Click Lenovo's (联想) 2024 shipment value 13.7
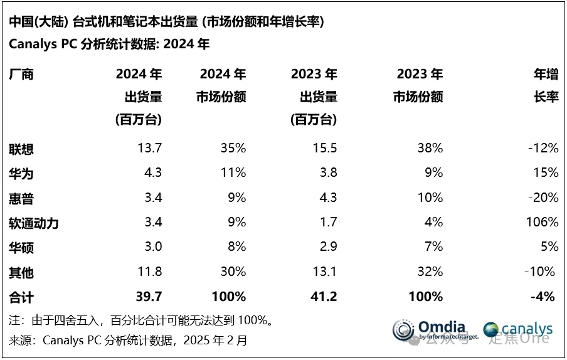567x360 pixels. (x=150, y=149)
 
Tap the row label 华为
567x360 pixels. (x=21, y=173)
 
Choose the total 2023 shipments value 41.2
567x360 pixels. (x=324, y=296)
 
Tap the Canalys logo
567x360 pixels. (x=519, y=329)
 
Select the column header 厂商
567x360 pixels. (x=21, y=75)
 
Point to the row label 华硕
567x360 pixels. (x=21, y=247)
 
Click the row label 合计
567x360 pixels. (x=21, y=296)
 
